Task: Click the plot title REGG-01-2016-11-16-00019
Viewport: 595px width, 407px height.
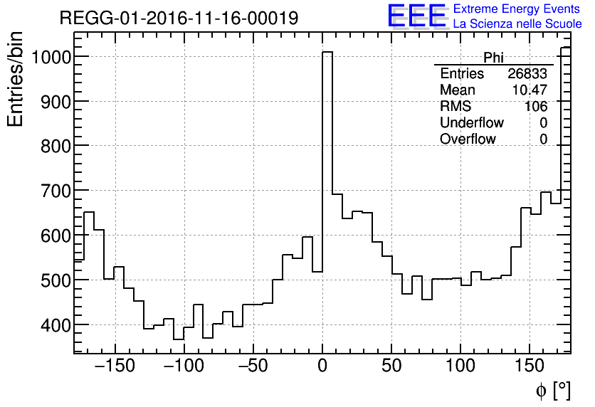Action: pos(179,18)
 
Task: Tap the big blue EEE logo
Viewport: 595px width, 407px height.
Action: pos(417,16)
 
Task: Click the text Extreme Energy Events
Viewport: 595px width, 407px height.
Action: pos(517,9)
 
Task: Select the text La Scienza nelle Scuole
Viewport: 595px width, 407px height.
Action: pos(517,24)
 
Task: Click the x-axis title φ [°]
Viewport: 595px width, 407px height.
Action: pos(553,390)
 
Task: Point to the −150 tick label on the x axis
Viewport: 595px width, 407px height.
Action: pos(114,366)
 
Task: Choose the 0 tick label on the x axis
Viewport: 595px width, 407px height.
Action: pos(322,366)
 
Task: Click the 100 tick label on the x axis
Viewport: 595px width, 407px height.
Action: pos(460,366)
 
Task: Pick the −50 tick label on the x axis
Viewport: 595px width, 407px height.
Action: pos(252,366)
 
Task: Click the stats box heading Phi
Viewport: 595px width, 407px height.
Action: pos(493,58)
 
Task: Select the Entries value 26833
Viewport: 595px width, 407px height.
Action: pos(527,74)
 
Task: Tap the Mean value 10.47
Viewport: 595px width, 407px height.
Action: pos(530,90)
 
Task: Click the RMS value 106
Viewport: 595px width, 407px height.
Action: pos(536,107)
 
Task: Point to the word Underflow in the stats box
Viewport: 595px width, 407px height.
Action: pos(472,123)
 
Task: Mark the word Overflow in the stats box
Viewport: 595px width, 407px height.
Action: pos(468,139)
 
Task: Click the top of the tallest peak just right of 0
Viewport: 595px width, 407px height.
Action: pos(327,52)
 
